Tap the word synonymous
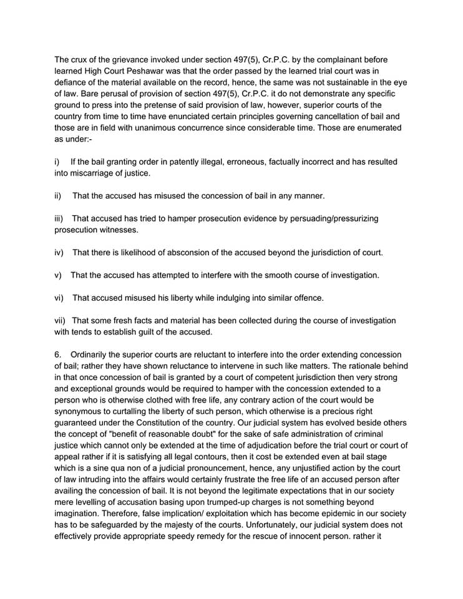[82, 412]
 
